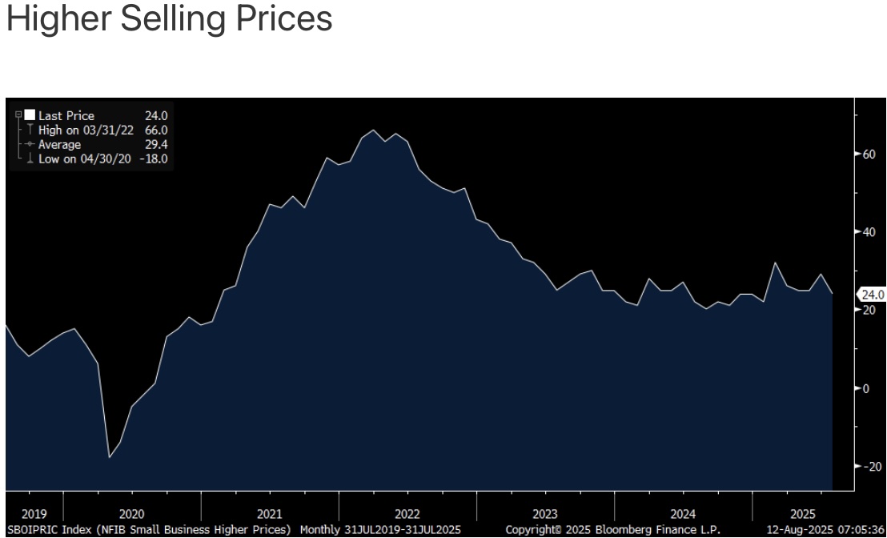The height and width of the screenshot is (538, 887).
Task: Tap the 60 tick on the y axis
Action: (x=868, y=155)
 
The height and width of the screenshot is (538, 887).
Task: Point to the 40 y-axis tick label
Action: (x=868, y=232)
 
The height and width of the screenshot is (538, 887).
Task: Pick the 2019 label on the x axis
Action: (x=34, y=514)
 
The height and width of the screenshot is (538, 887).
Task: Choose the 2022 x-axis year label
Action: (x=407, y=514)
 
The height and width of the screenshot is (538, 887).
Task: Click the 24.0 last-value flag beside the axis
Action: (x=871, y=295)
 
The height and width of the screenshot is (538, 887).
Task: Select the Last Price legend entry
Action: (x=66, y=115)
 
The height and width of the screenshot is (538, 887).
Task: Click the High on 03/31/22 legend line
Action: (x=86, y=130)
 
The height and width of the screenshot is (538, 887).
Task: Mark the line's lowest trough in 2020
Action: (x=110, y=457)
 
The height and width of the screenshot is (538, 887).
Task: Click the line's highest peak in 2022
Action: (x=373, y=130)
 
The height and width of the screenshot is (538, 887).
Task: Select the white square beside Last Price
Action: (x=30, y=115)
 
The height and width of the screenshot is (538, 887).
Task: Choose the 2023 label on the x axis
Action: (x=544, y=514)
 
